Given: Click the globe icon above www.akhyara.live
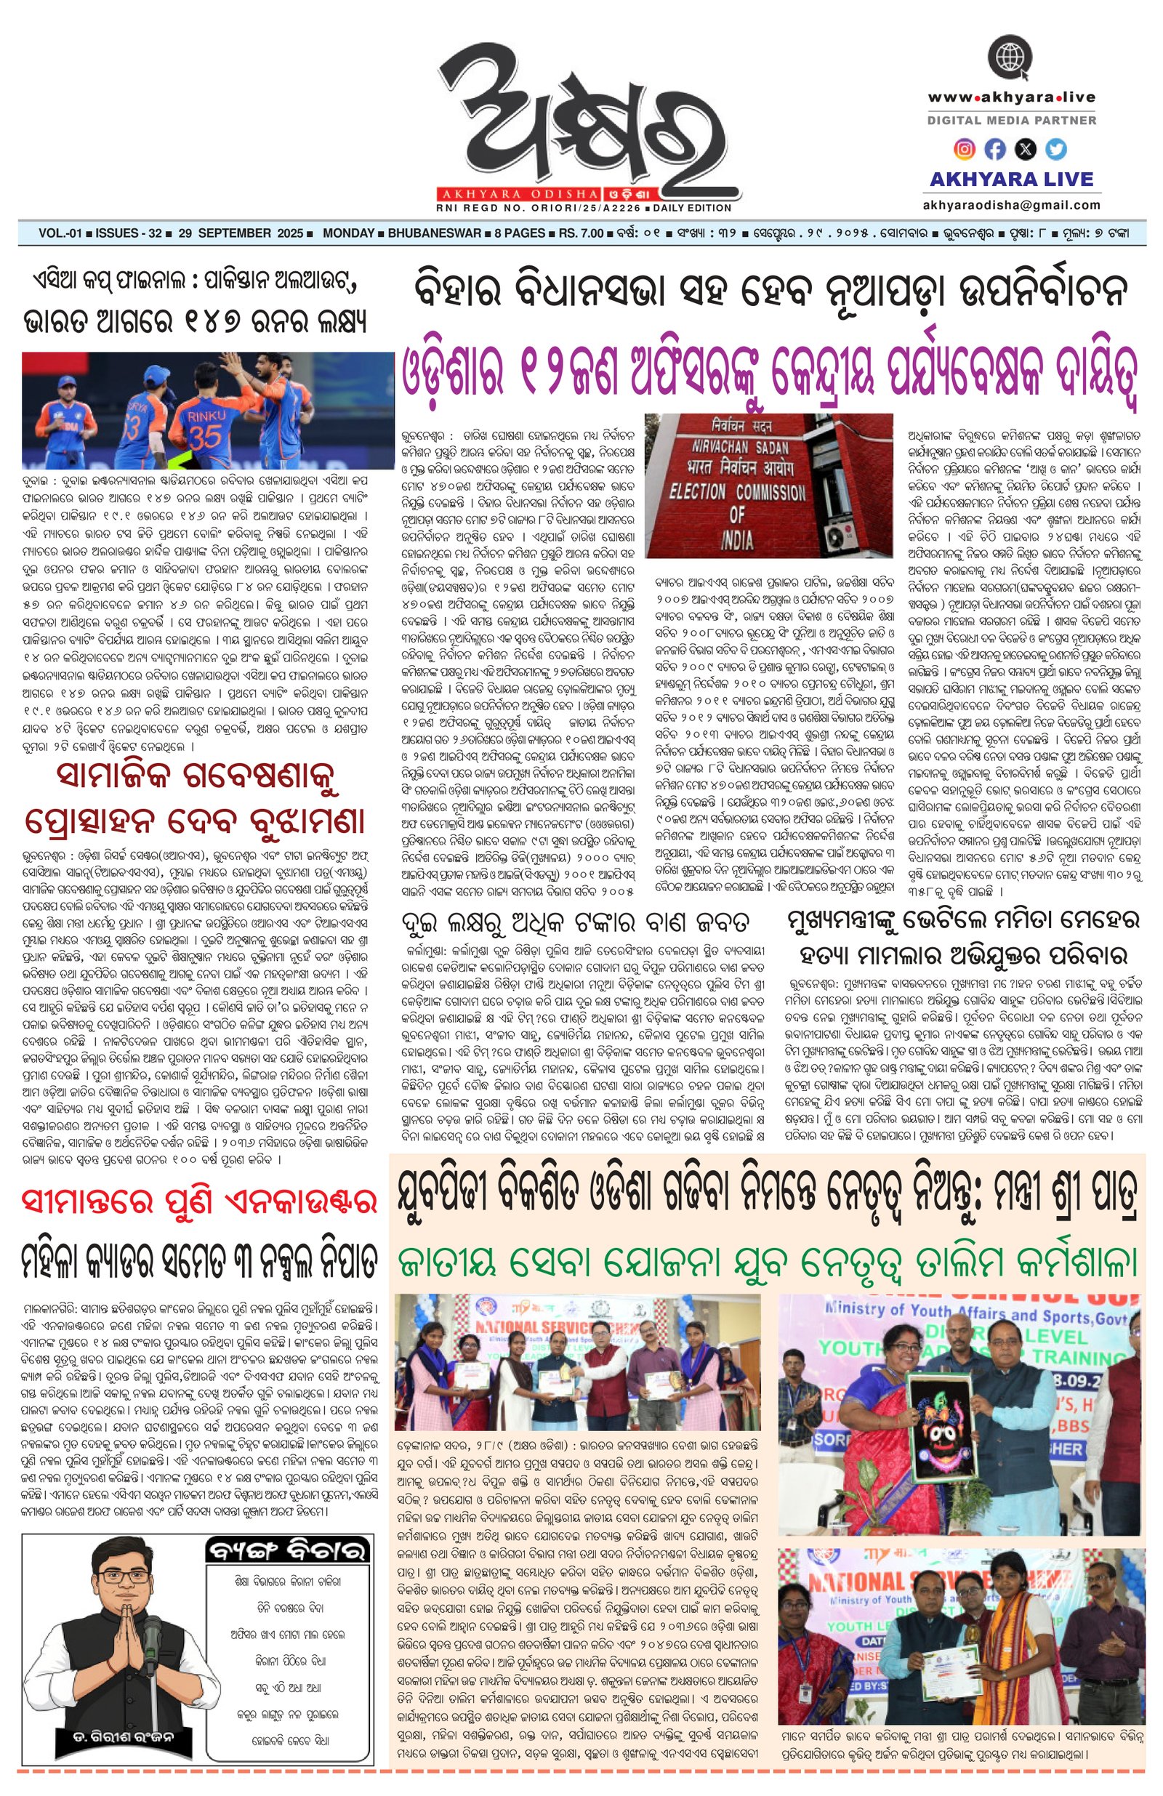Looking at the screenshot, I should (1010, 58).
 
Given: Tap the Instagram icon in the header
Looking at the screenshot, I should (964, 149).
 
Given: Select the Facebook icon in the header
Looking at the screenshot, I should (994, 150).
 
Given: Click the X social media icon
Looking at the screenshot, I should (1026, 150).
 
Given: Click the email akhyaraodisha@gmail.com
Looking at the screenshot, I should (1010, 204).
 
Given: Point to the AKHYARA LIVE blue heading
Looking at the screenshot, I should (1010, 179).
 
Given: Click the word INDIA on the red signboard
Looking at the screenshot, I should (736, 539).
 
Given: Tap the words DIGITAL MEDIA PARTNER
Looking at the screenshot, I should (1010, 120).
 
